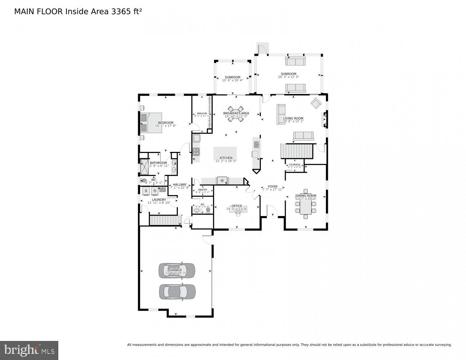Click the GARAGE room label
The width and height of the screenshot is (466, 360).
click(x=176, y=270)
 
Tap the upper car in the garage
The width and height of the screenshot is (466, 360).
click(x=177, y=271)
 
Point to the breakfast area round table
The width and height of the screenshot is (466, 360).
click(x=236, y=114)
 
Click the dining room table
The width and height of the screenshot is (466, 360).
click(x=306, y=204)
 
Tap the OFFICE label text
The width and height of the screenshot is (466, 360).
click(x=236, y=206)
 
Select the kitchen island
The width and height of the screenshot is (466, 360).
click(x=225, y=153)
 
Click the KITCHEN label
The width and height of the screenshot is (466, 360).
click(x=226, y=158)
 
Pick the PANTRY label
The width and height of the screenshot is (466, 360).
click(x=203, y=190)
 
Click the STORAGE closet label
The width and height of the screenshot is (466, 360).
click(x=294, y=165)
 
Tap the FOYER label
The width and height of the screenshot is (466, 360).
click(x=272, y=186)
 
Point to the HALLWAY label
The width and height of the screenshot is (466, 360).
click(x=180, y=185)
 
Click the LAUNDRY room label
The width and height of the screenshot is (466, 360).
click(x=159, y=200)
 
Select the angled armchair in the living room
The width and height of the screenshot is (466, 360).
click(x=316, y=103)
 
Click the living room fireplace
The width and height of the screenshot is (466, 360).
click(x=325, y=120)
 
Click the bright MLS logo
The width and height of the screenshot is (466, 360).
click(x=29, y=350)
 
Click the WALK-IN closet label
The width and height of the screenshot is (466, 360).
click(x=202, y=113)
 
